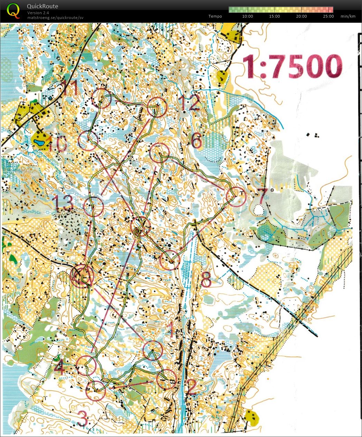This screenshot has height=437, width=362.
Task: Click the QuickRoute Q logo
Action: [x=13, y=10]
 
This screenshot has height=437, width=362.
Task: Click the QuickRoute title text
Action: [x=42, y=6]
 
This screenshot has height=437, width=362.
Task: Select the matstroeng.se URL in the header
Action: [x=55, y=18]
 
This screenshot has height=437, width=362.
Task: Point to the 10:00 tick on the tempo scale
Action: [x=247, y=16]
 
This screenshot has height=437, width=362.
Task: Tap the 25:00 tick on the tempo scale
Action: [x=328, y=16]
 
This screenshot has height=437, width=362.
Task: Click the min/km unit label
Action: [x=348, y=16]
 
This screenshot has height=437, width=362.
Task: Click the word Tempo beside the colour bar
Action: [x=215, y=16]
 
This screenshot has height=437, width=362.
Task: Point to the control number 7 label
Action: [x=262, y=196]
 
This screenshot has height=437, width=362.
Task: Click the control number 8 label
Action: [x=206, y=280]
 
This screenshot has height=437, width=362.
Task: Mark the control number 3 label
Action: [x=83, y=419]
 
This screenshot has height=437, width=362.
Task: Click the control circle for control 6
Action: [x=160, y=152]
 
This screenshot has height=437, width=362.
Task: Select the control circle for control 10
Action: [x=88, y=141]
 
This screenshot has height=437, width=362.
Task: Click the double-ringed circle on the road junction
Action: [x=82, y=276]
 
